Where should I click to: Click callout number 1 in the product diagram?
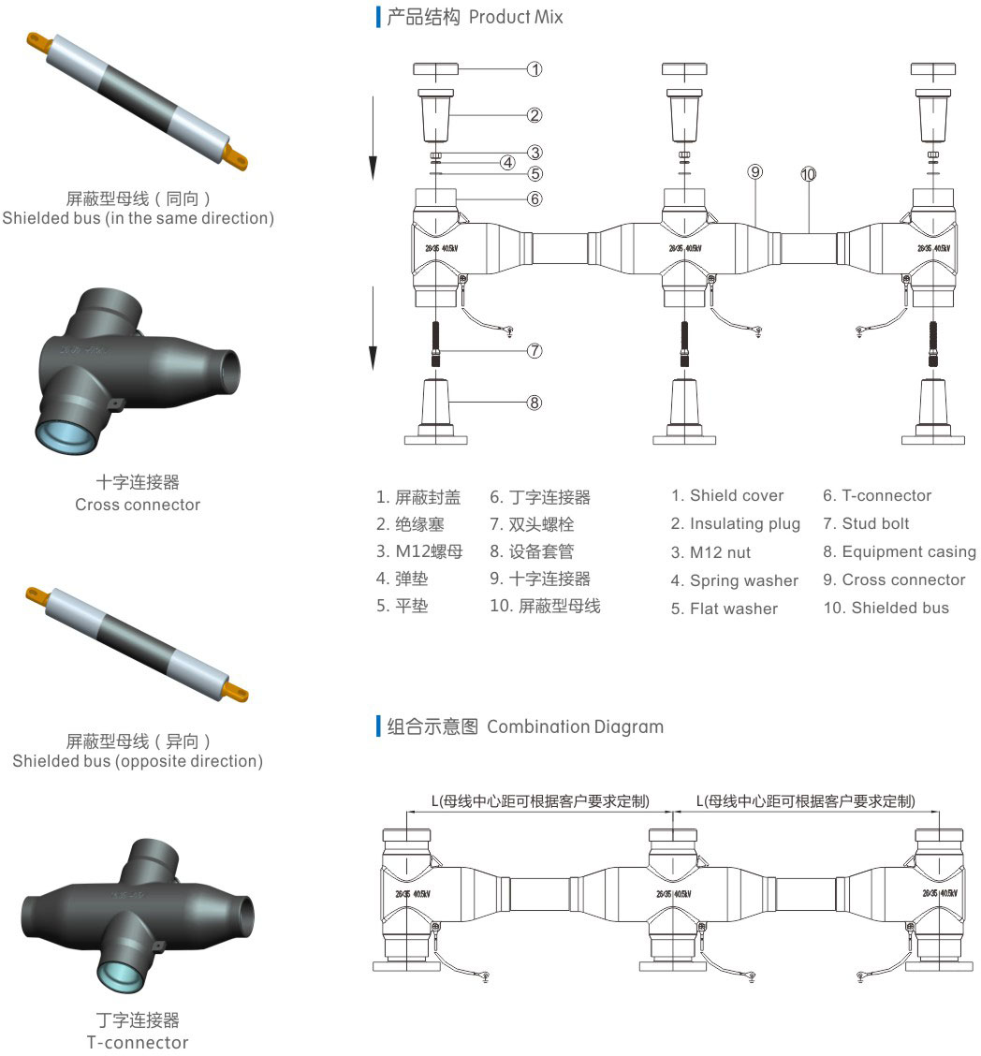click(x=534, y=68)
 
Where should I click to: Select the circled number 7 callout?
click(x=534, y=351)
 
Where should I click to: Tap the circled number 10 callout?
click(x=808, y=173)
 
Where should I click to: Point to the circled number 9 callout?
click(x=755, y=171)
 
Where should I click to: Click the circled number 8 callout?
click(x=534, y=403)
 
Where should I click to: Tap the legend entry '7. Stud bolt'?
click(x=866, y=524)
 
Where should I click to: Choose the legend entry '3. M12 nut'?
click(x=710, y=552)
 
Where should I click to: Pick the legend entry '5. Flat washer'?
click(x=724, y=609)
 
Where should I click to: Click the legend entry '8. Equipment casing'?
click(x=899, y=552)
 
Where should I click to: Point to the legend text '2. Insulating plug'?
click(x=735, y=524)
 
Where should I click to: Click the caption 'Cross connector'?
click(x=138, y=505)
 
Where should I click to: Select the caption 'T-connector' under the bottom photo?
click(x=138, y=1042)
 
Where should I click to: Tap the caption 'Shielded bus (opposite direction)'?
click(x=138, y=761)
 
